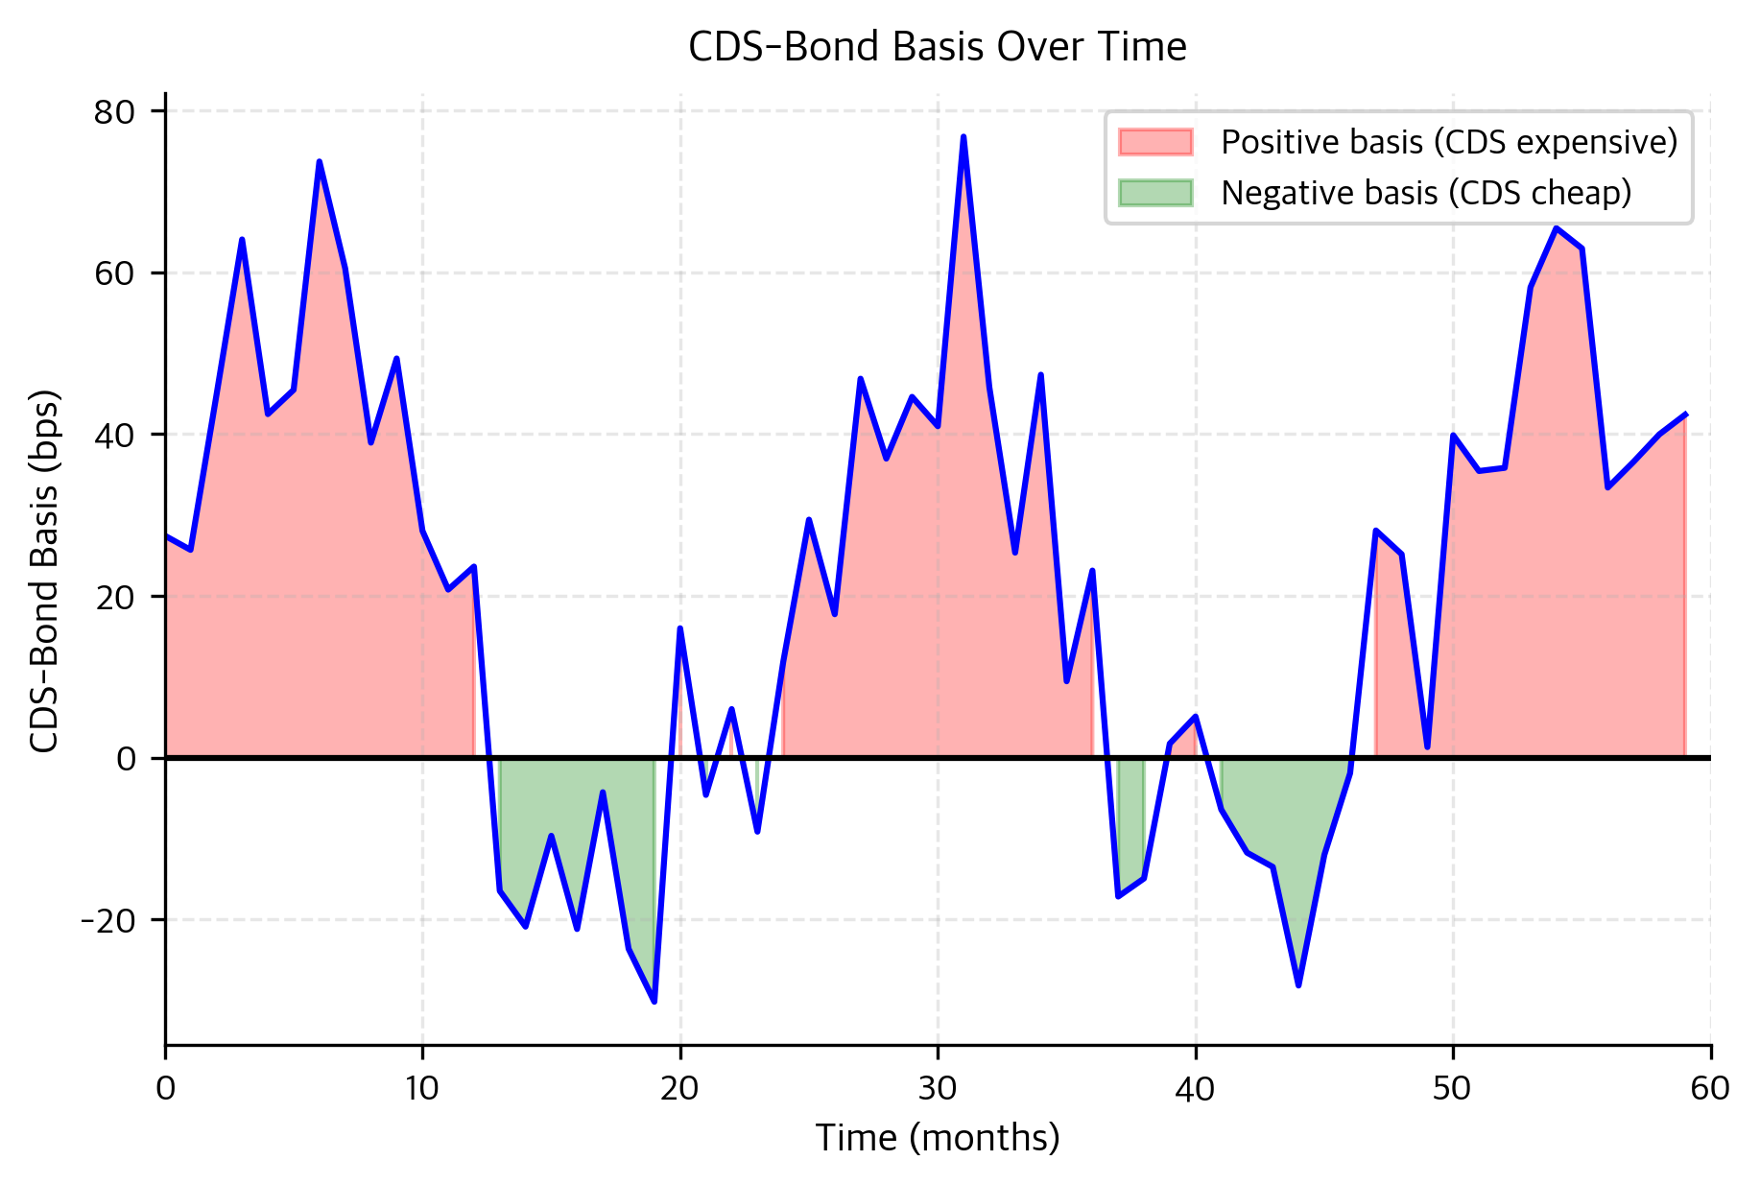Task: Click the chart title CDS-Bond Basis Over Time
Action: [938, 47]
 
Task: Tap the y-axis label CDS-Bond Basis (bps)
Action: [44, 571]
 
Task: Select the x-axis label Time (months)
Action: [938, 1138]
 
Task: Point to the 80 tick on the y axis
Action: [114, 112]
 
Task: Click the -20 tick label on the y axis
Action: [109, 920]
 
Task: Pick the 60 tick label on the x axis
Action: [1710, 1088]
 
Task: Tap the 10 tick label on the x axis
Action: [422, 1088]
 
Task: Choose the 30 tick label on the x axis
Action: [938, 1088]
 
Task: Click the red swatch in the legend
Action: [1155, 142]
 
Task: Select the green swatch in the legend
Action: [1155, 193]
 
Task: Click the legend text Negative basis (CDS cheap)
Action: [1426, 193]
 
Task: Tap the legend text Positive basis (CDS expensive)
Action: [1449, 142]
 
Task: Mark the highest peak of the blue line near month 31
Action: [963, 137]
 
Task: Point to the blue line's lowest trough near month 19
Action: [654, 1002]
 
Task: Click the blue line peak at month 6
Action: [320, 162]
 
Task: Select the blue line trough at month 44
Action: [1298, 985]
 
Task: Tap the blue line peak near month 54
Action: [1556, 227]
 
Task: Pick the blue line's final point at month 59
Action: [1685, 414]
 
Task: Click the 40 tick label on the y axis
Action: [114, 435]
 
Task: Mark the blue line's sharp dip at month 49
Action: [1427, 746]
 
